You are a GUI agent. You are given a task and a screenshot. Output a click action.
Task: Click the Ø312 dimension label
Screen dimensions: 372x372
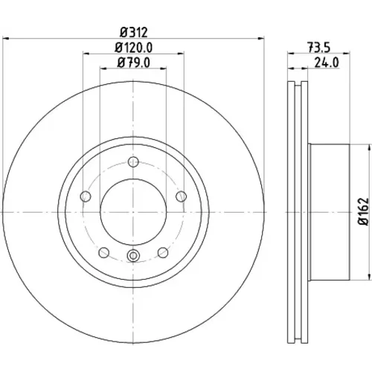tap(134, 32)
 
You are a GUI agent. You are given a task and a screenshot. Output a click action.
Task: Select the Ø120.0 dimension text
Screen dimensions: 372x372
tap(133, 48)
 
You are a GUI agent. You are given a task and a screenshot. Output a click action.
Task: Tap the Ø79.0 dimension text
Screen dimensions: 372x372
tap(133, 62)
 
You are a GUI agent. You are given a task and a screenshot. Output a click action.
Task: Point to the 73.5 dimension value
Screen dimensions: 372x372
tap(319, 48)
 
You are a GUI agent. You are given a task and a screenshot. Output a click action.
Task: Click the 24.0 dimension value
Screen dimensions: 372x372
tap(327, 62)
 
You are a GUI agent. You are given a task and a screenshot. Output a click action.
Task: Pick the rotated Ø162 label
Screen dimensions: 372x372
tap(364, 211)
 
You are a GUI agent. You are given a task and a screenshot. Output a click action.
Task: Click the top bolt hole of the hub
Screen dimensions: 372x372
tap(133, 162)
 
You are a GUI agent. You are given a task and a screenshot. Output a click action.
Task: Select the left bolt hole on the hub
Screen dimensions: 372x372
tap(86, 196)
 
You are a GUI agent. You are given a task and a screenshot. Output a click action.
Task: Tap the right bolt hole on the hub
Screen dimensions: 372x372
tap(181, 196)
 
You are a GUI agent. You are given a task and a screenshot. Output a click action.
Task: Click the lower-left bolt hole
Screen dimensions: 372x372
tap(104, 252)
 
